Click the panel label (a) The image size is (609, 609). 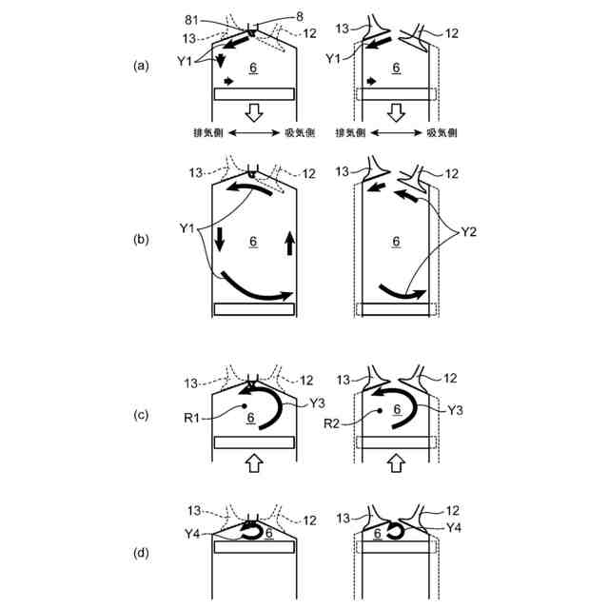tap(142, 66)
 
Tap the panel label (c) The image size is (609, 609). tap(142, 416)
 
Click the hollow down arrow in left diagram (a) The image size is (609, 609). tap(253, 113)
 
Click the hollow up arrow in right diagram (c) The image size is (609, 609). tap(396, 463)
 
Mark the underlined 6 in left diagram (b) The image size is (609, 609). tap(253, 241)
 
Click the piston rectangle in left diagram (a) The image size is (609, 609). tap(253, 93)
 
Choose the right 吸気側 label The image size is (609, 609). tap(444, 134)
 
